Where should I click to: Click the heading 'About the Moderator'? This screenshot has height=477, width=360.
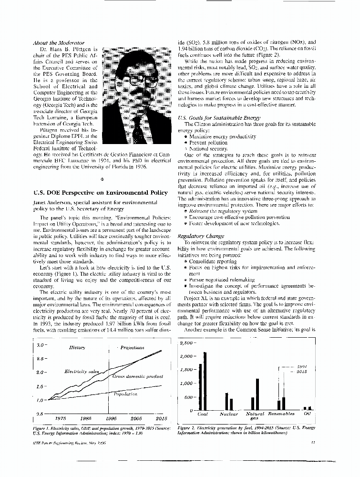coord(59,42)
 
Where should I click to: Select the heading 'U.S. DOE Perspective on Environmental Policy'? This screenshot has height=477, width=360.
coord(101,193)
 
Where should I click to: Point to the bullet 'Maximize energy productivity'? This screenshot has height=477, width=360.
coord(223,136)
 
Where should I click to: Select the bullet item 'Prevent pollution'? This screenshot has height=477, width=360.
coord(208,143)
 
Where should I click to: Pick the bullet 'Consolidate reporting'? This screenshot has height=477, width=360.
coord(215,261)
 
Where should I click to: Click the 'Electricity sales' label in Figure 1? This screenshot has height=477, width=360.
coord(82,371)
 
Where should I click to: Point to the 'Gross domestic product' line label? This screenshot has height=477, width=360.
coord(138,376)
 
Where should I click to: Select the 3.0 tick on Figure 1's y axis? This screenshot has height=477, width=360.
coord(41,344)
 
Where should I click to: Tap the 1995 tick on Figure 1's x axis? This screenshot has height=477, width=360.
coord(112,418)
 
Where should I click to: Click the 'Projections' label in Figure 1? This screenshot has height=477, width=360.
coord(135,348)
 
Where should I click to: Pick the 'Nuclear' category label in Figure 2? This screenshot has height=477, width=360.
coord(229,414)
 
